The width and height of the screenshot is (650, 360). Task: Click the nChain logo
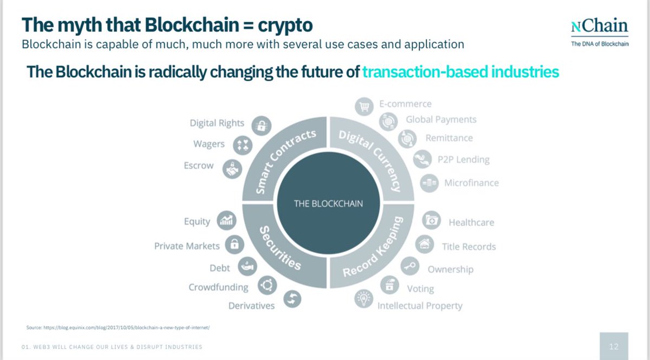600,31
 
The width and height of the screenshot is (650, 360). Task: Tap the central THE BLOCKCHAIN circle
328,204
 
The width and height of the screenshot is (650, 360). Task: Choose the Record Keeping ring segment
374,246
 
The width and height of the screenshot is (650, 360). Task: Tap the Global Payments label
441,120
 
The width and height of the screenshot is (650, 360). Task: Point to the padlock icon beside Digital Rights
262,126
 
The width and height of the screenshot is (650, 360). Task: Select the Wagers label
209,144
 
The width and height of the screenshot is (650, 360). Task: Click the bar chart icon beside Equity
226,220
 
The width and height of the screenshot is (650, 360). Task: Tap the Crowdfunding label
218,287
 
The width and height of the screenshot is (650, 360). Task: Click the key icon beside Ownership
409,266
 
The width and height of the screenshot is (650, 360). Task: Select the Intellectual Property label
420,306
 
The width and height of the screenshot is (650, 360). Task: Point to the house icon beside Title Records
425,245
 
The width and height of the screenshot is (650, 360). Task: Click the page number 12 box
614,346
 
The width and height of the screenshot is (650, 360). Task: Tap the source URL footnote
118,328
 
